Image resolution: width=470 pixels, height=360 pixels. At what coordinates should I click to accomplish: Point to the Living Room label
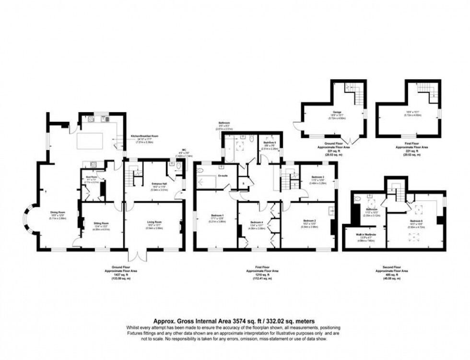154,222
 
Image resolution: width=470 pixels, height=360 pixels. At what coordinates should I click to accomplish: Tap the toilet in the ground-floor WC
178,167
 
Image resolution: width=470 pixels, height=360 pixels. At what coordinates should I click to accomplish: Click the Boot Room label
92,177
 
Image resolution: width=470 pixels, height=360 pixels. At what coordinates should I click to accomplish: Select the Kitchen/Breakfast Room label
144,136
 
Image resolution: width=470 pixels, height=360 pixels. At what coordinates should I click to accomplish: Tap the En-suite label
222,175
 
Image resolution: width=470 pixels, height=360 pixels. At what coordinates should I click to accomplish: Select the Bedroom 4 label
258,222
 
